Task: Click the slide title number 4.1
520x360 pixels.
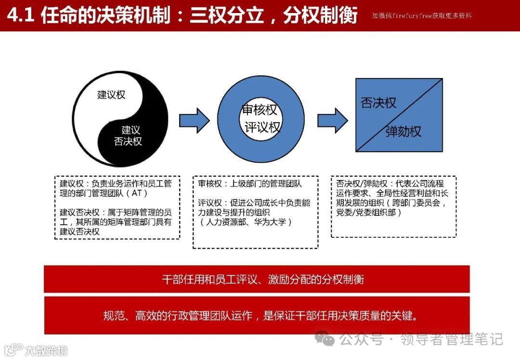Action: [x=20, y=15]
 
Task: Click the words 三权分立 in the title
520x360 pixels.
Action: [x=227, y=15]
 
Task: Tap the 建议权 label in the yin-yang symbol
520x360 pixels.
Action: [x=111, y=95]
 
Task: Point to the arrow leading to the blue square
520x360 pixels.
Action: [x=333, y=120]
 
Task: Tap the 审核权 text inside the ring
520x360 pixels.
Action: [x=260, y=110]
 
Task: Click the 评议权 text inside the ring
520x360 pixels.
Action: [x=262, y=128]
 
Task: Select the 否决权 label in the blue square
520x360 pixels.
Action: [x=378, y=103]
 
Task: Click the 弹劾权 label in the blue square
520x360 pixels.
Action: [x=403, y=131]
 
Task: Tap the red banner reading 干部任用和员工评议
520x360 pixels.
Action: [x=256, y=279]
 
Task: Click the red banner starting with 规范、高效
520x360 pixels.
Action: [x=256, y=316]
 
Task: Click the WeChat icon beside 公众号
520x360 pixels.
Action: [x=328, y=339]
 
